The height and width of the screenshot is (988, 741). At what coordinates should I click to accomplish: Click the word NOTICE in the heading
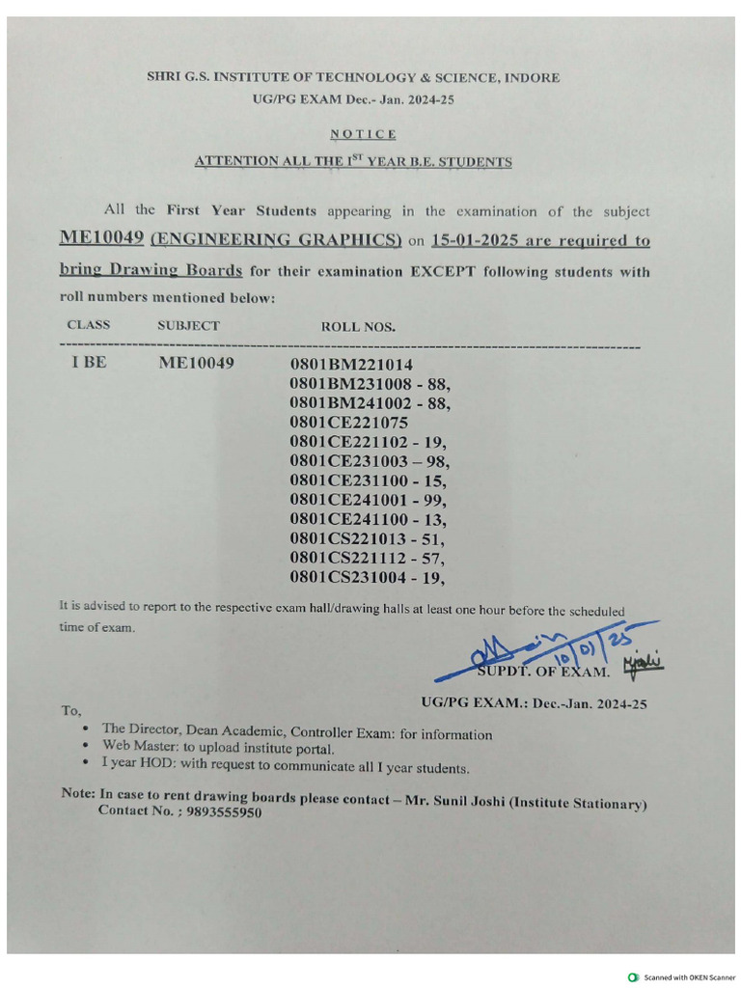click(x=363, y=134)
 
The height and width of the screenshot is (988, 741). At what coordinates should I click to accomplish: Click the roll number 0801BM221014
click(x=351, y=365)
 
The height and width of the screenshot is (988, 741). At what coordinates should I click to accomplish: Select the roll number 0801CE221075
click(x=348, y=423)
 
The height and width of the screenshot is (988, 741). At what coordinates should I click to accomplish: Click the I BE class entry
click(x=89, y=365)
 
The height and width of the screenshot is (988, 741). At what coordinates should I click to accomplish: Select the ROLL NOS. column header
click(x=358, y=327)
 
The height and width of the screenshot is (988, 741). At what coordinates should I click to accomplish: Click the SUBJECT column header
click(x=188, y=326)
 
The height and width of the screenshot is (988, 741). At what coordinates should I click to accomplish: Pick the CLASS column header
click(x=89, y=325)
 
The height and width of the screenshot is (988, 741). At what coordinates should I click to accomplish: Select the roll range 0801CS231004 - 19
click(x=367, y=577)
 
